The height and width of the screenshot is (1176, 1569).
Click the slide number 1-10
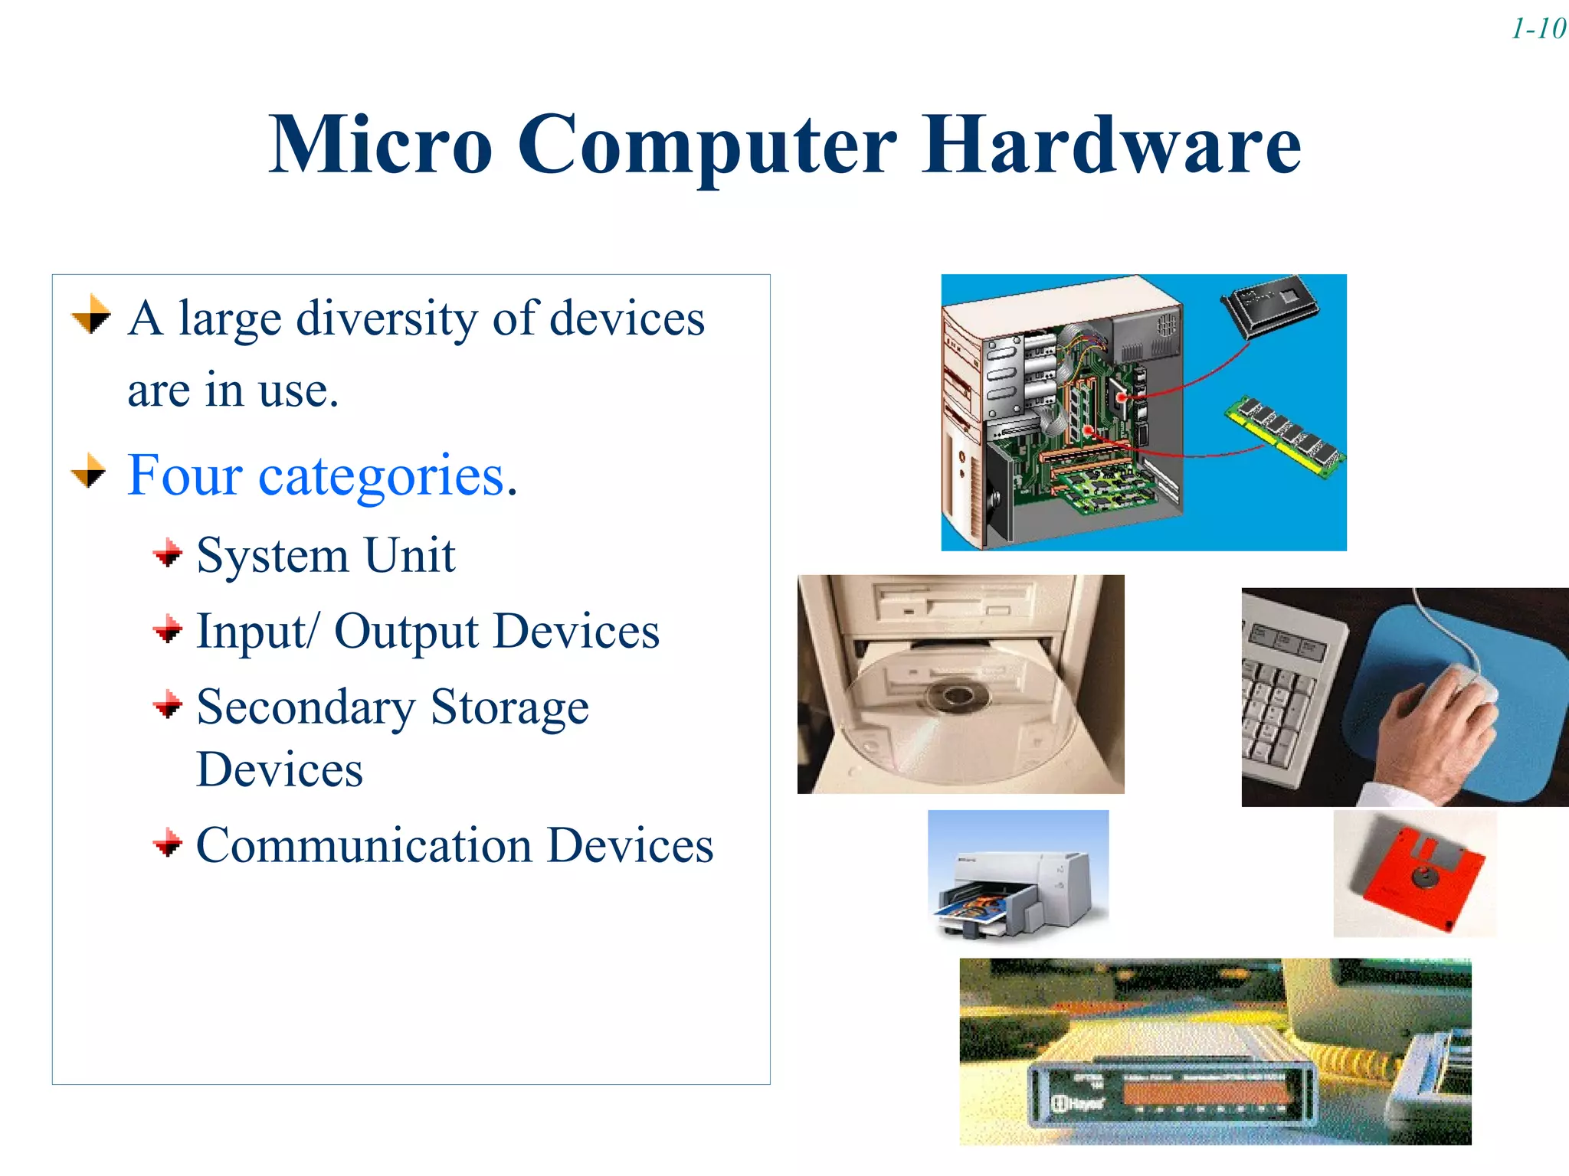coord(1538,29)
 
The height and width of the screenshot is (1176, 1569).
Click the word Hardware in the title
coord(1111,144)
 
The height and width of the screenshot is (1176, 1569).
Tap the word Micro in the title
coord(381,144)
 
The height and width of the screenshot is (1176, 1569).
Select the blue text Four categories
coord(322,475)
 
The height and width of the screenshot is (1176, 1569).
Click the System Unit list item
coord(326,555)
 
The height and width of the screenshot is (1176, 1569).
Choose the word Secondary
coord(305,707)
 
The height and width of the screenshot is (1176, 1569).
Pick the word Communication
coord(365,845)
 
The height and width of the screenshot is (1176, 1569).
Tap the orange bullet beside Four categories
coord(89,470)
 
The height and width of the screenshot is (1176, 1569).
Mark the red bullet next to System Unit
coord(168,553)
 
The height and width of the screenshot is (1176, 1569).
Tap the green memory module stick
coord(1286,434)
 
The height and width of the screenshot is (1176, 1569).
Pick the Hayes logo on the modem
coord(1079,1103)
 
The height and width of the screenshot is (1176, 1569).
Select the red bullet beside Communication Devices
coord(168,844)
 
